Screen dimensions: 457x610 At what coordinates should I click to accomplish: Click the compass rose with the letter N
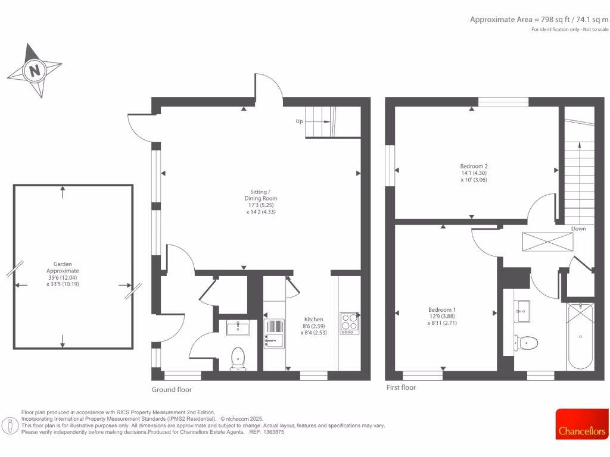click(35, 70)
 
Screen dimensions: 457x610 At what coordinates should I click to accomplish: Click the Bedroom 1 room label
click(442, 316)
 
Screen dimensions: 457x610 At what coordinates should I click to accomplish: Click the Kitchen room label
click(313, 326)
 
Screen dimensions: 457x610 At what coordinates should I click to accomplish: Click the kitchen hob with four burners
click(349, 323)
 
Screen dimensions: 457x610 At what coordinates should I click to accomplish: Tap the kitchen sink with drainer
click(274, 333)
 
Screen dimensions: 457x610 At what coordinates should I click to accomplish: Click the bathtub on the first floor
click(580, 336)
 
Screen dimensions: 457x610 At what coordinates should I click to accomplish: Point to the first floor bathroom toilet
click(527, 343)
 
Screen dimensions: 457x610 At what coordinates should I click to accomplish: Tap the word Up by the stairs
click(300, 121)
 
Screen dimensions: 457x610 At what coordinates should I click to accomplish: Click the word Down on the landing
click(578, 228)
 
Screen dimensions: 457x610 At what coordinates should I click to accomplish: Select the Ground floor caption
click(172, 390)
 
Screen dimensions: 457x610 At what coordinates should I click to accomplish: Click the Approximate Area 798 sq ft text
click(539, 20)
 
